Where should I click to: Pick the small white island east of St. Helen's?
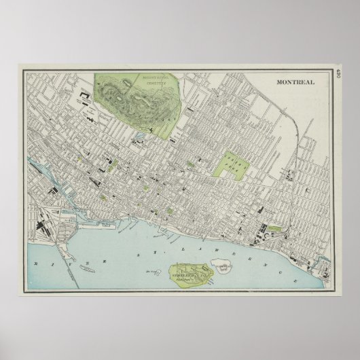coord(223,266)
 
